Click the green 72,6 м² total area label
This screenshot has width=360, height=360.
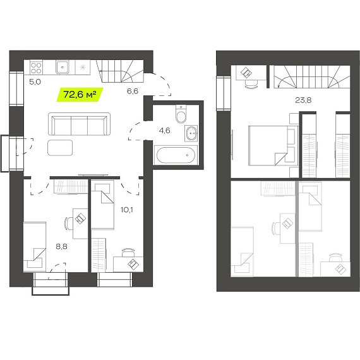click(x=80, y=95)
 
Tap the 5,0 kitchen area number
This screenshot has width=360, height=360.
click(x=35, y=82)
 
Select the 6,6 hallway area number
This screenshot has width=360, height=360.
click(x=133, y=91)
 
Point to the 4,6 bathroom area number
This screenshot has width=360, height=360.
click(x=164, y=131)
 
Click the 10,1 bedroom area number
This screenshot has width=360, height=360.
click(x=127, y=210)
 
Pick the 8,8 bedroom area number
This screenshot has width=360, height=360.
click(x=61, y=246)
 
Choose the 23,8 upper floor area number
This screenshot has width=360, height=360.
click(x=303, y=100)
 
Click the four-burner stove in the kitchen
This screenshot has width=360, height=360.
click(x=36, y=68)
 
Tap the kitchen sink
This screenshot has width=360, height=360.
click(x=63, y=67)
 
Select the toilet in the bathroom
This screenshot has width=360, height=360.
click(x=181, y=114)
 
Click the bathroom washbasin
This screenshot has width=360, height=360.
click(x=191, y=133)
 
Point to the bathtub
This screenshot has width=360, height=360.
click(x=176, y=155)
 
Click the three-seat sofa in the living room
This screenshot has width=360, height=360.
click(x=79, y=124)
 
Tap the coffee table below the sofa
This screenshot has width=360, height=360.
click(x=60, y=148)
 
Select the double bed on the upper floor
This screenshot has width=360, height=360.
click(x=273, y=145)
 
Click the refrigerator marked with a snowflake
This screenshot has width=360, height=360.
click(x=83, y=68)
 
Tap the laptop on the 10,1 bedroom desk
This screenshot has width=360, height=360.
click(x=133, y=264)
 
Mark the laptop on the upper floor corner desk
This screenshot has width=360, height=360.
click(x=246, y=73)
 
